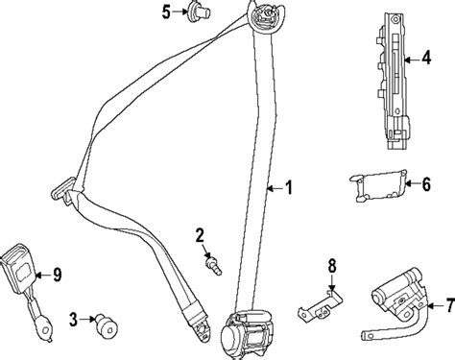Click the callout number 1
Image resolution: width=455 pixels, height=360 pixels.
pos(289,187)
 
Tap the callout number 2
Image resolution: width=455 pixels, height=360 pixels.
pos(200,236)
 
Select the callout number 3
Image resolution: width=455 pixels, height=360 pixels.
pos(74,320)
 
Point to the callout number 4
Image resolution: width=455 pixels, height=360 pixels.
pos(426,58)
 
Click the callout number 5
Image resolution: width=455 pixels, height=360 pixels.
pos(166,12)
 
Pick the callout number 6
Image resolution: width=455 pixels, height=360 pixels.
pos(426,184)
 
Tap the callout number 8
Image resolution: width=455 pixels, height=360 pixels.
pos(332,266)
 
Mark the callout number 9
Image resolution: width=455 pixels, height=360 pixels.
pos(57,275)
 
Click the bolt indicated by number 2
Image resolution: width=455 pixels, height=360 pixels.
pos(213,266)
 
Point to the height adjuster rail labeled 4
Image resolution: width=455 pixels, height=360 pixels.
pos(393,81)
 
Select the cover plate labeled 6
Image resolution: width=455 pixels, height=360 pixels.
pos(379,185)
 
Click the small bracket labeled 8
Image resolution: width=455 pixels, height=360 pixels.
pos(320,306)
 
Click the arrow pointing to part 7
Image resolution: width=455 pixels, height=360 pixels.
pos(436,305)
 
